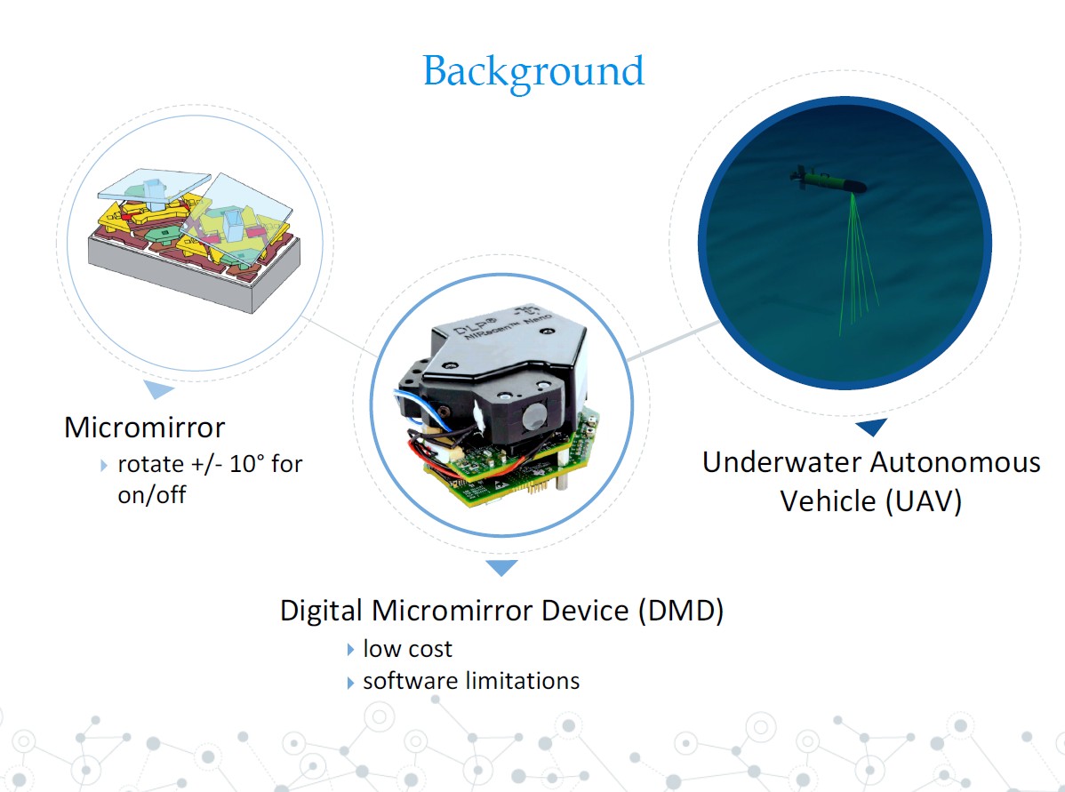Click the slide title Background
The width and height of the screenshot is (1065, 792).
pyautogui.click(x=533, y=71)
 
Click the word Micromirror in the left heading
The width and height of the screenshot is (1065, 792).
pyautogui.click(x=144, y=428)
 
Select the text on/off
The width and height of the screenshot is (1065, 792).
pyautogui.click(x=152, y=494)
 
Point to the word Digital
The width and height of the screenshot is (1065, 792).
pyautogui.click(x=323, y=611)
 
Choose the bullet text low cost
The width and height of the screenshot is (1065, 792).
pyautogui.click(x=407, y=649)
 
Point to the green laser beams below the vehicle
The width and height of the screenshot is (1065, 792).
pyautogui.click(x=853, y=267)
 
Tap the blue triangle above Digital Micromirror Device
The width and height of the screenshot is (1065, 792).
pyautogui.click(x=502, y=567)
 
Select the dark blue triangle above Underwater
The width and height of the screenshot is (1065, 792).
pyautogui.click(x=871, y=428)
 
